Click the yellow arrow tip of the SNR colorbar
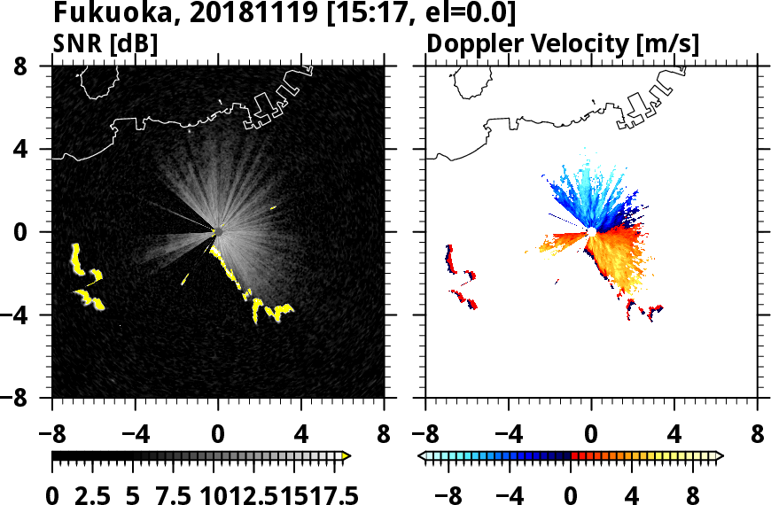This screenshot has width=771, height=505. (x=347, y=456)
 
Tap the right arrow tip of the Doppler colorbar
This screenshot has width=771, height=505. (x=719, y=456)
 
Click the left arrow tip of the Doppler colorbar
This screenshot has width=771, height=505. (x=422, y=456)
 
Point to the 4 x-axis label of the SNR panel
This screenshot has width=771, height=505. (x=301, y=436)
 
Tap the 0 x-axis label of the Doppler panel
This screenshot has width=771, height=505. (x=591, y=436)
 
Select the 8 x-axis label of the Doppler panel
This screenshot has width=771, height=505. (x=758, y=436)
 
